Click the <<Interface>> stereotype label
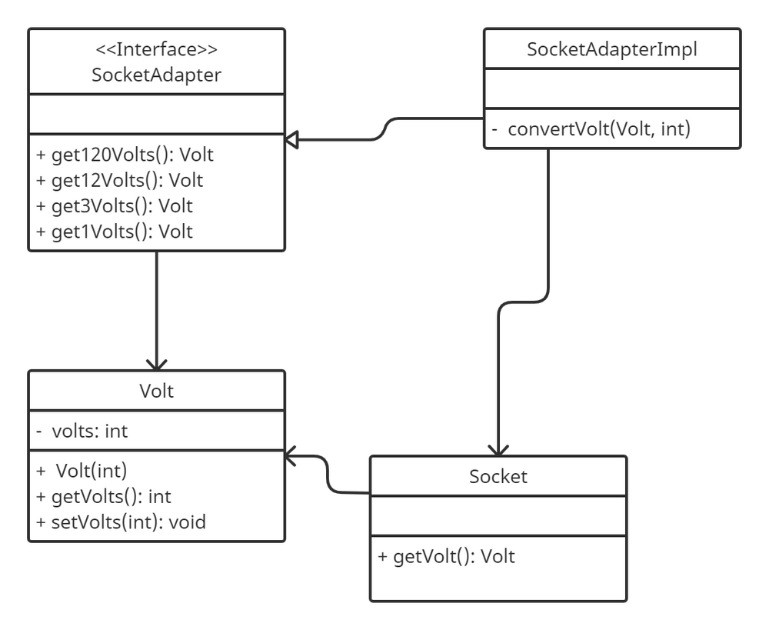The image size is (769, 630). coord(156,49)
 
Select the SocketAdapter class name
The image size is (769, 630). coord(156,75)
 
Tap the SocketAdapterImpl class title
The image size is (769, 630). coord(612,49)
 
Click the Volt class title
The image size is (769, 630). coord(156,391)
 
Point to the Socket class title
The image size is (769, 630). coord(498,476)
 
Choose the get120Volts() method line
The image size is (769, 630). coord(125,155)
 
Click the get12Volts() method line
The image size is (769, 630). coord(120,180)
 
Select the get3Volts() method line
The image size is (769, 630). coord(115,205)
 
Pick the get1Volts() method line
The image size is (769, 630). coord(115,231)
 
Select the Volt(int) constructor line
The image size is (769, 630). coord(82,471)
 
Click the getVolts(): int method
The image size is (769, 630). coord(104,497)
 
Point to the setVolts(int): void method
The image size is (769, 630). coord(122,522)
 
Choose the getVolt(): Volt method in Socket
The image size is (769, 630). coord(446,556)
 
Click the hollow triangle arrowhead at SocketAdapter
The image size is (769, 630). coord(291,140)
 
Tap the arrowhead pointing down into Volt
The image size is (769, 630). coord(156,365)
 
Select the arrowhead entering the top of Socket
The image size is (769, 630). coord(498,451)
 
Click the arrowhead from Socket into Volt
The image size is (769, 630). coord(291,456)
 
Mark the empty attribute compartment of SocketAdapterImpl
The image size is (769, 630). coord(612,88)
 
